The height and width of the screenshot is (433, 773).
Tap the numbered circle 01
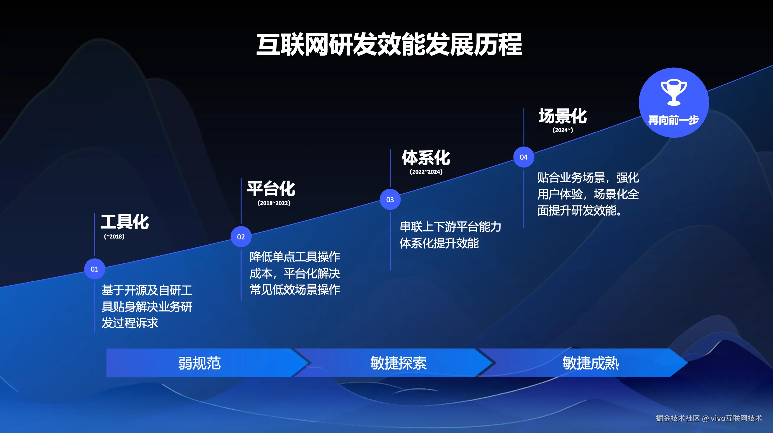point(94,269)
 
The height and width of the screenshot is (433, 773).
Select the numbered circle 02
point(241,237)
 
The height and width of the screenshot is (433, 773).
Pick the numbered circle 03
point(390,200)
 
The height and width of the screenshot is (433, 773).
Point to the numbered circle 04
point(524,157)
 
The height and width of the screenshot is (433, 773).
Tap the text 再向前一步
point(674,120)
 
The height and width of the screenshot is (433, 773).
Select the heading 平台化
point(271,189)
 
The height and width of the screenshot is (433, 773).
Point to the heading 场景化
point(563,116)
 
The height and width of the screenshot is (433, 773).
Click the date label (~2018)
point(114,236)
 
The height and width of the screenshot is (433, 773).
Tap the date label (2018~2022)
point(274,203)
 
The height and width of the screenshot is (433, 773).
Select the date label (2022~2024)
point(426,172)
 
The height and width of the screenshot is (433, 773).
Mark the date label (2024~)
point(563,130)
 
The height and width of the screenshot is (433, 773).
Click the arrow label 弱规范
point(200,363)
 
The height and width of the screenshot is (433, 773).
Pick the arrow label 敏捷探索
point(398,363)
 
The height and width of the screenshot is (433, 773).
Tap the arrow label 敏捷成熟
point(591,363)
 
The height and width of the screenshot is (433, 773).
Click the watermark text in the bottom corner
point(709,418)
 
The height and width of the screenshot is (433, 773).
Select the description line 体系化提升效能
point(439,243)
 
